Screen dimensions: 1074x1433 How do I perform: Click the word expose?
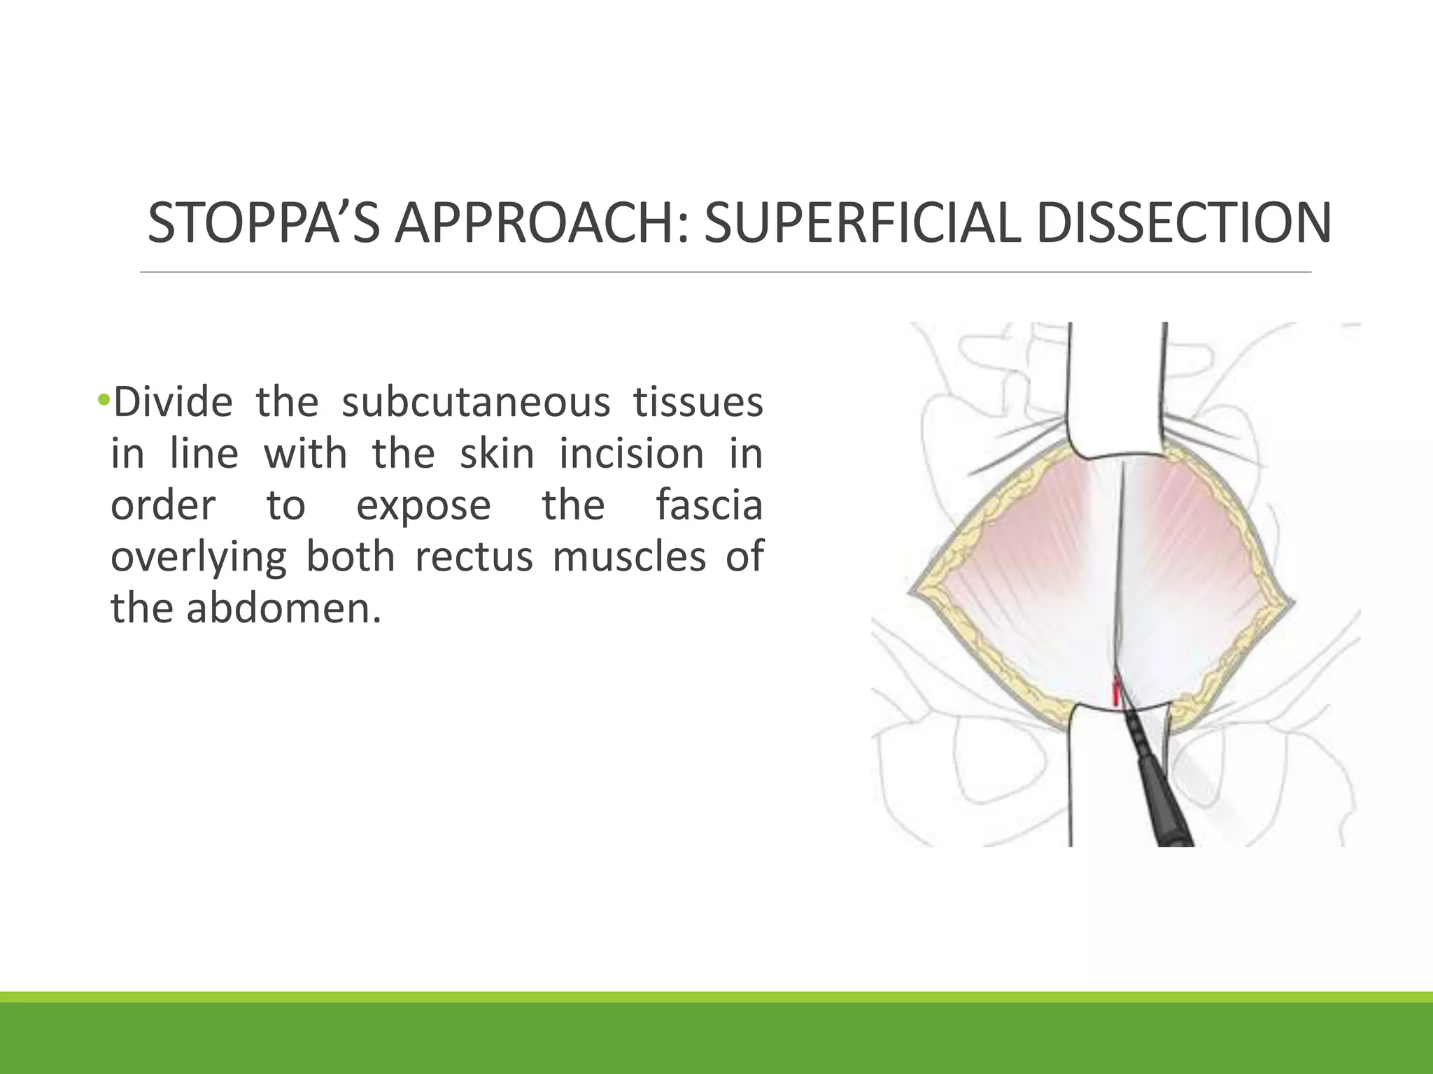click(x=423, y=506)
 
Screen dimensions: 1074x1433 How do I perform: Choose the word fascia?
click(x=709, y=506)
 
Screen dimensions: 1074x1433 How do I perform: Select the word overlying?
click(x=199, y=557)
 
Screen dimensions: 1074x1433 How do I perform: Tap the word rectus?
click(x=474, y=557)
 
